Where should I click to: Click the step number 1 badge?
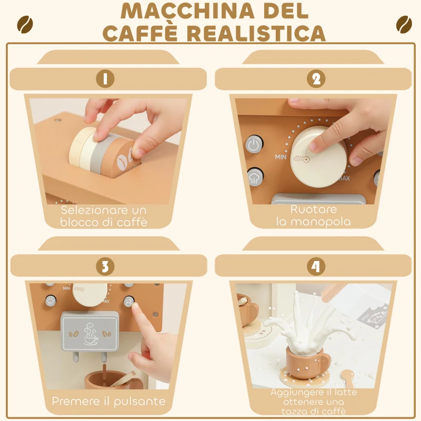(105, 79)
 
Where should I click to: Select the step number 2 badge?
(316, 79)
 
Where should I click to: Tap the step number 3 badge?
(105, 266)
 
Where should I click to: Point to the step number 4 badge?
(316, 266)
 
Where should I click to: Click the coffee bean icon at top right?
(404, 24)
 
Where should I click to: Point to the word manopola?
(314, 222)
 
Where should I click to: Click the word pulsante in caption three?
(137, 402)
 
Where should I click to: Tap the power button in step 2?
(254, 145)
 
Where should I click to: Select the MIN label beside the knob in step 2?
(280, 157)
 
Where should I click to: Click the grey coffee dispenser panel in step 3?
(89, 330)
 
